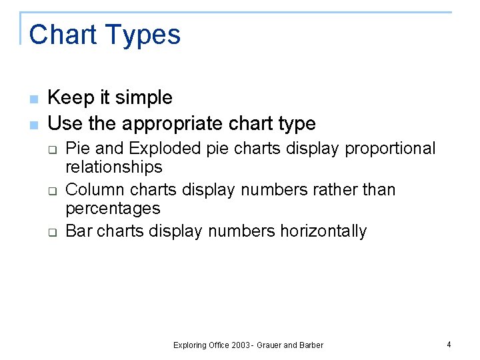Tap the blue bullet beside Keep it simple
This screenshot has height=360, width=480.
click(x=33, y=99)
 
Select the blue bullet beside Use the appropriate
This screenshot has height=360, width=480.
click(x=33, y=125)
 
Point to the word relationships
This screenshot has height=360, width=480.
click(x=113, y=167)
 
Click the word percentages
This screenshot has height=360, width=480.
click(x=113, y=209)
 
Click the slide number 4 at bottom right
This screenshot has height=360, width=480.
click(x=449, y=345)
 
